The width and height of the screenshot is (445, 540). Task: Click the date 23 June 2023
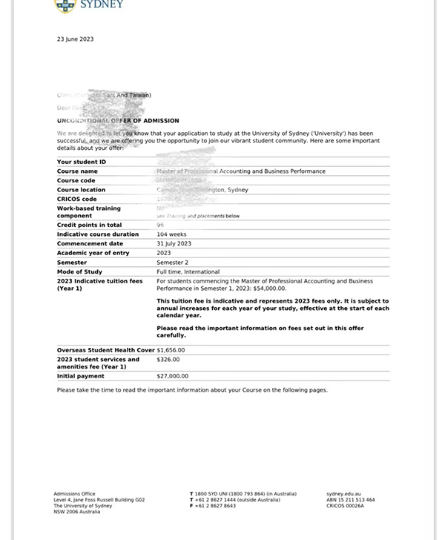75,39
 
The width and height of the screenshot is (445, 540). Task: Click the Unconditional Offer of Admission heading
118,121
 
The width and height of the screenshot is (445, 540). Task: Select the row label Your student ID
82,162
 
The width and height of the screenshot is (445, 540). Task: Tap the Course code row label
76,180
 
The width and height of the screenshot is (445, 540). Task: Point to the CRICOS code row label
77,199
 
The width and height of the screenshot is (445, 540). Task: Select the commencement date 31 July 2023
174,243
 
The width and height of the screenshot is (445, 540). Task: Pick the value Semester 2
172,263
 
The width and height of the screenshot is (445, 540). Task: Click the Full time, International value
188,271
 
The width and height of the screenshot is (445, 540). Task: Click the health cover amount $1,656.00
171,350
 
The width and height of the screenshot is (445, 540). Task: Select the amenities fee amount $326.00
168,360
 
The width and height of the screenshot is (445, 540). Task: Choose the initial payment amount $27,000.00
172,376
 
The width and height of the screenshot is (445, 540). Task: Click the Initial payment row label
81,376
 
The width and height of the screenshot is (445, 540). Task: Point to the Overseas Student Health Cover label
105,350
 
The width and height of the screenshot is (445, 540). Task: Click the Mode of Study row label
79,271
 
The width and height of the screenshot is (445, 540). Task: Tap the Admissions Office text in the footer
74,494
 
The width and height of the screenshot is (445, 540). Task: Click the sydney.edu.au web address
343,494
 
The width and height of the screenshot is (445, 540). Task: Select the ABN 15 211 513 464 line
350,500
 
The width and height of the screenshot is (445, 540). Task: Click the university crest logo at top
66,5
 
